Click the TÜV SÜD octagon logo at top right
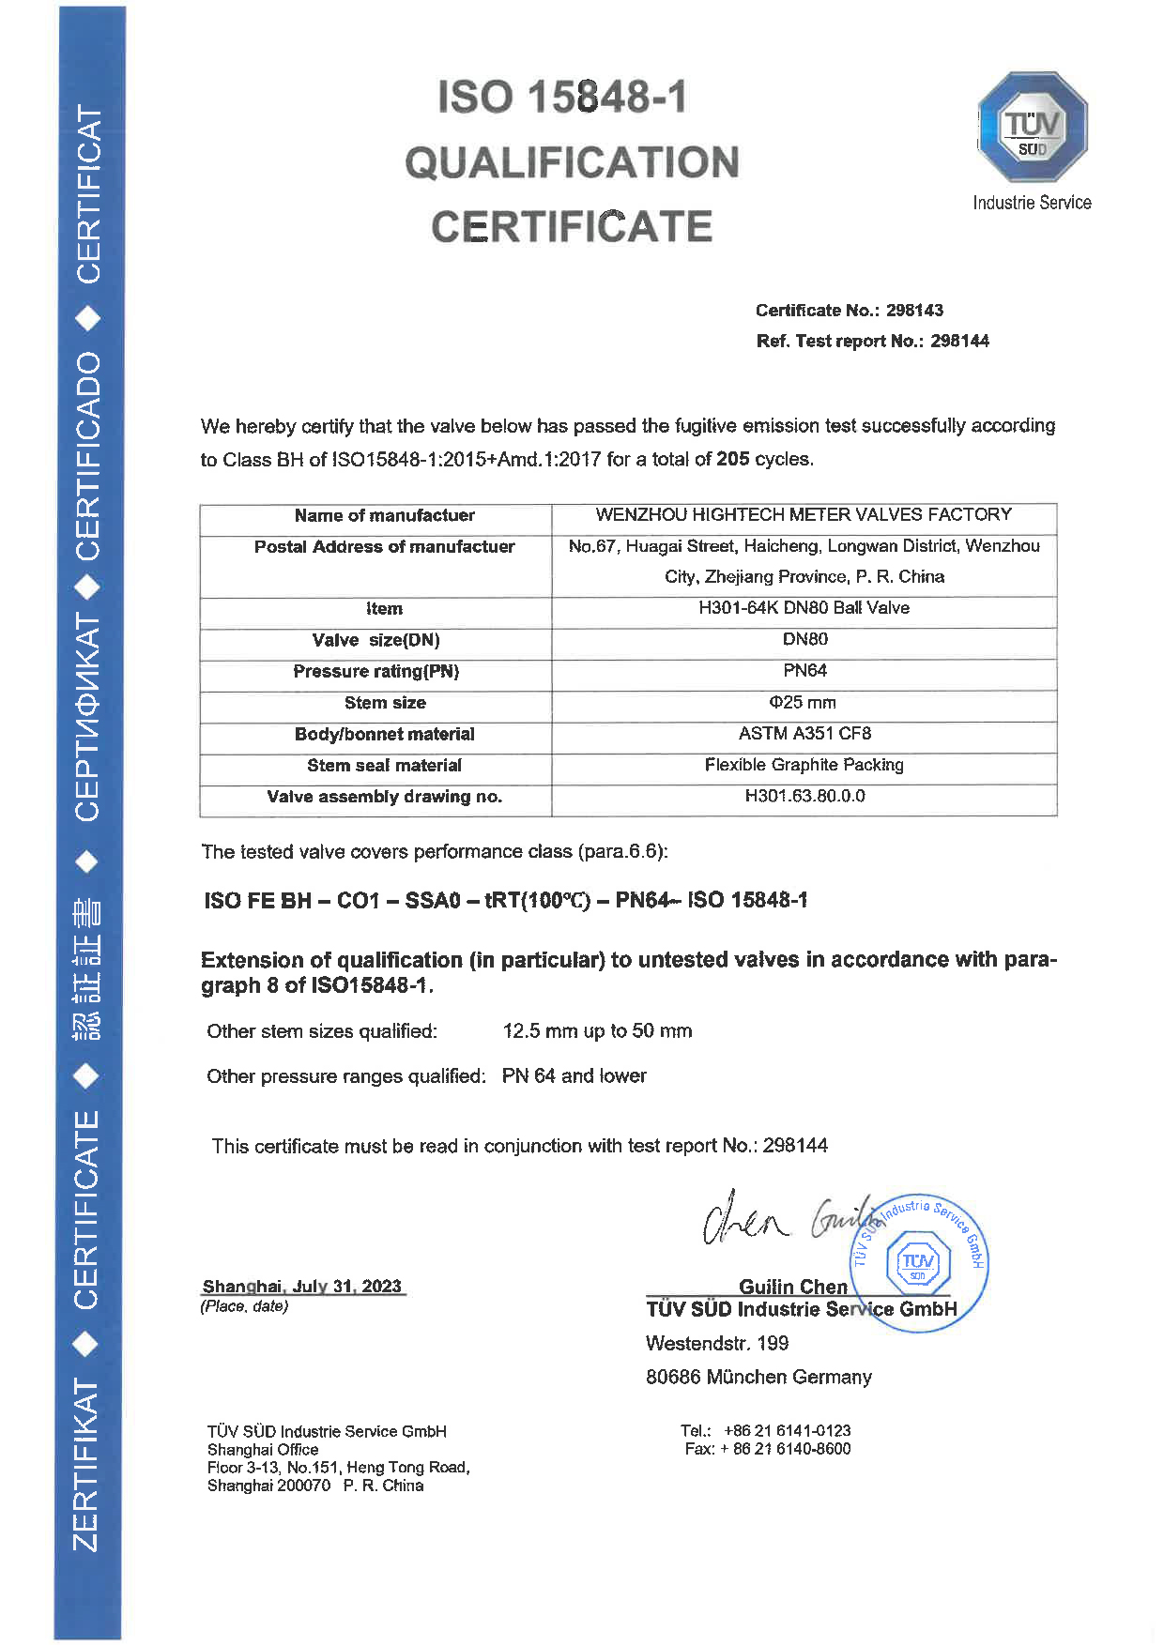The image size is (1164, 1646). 1032,127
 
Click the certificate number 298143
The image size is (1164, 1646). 914,311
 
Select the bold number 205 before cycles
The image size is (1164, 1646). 732,459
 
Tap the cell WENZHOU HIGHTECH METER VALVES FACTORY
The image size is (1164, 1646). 804,515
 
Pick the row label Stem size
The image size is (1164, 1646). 385,703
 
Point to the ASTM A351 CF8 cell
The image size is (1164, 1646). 804,734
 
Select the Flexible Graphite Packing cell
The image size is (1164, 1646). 804,765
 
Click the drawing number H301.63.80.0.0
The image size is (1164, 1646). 804,796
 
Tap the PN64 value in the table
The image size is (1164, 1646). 804,671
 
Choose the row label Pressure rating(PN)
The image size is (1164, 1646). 375,672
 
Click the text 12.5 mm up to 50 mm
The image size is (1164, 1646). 597,1031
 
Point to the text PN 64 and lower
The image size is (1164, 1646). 574,1076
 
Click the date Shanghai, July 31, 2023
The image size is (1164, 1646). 302,1287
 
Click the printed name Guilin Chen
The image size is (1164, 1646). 792,1287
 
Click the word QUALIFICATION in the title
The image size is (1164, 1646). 572,162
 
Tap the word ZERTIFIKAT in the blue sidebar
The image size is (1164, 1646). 87,1466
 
